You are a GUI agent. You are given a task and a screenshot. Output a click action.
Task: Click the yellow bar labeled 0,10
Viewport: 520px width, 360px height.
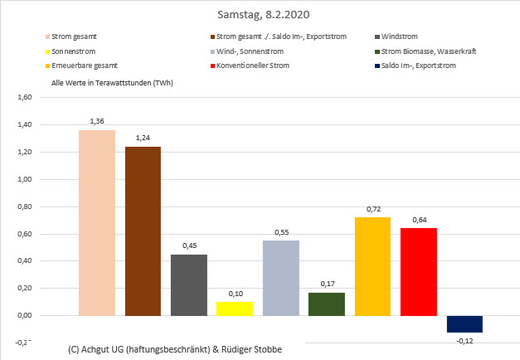(235, 309)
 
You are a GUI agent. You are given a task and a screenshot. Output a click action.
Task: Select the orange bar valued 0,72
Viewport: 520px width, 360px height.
(372, 266)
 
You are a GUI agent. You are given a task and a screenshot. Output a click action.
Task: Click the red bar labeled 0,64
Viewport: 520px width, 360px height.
(418, 271)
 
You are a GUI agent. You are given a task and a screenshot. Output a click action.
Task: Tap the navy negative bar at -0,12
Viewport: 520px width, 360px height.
(464, 324)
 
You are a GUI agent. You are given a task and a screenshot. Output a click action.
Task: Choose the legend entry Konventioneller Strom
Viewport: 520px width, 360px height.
(261, 66)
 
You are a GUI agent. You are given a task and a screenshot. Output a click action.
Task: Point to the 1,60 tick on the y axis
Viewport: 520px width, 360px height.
(24, 98)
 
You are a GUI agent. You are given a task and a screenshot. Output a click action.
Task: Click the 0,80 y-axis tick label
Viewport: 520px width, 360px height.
(24, 207)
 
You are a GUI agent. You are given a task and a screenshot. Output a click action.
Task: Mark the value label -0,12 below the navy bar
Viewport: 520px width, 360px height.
(464, 340)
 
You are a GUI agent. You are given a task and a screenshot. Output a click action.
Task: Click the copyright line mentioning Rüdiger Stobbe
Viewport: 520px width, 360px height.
(175, 349)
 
